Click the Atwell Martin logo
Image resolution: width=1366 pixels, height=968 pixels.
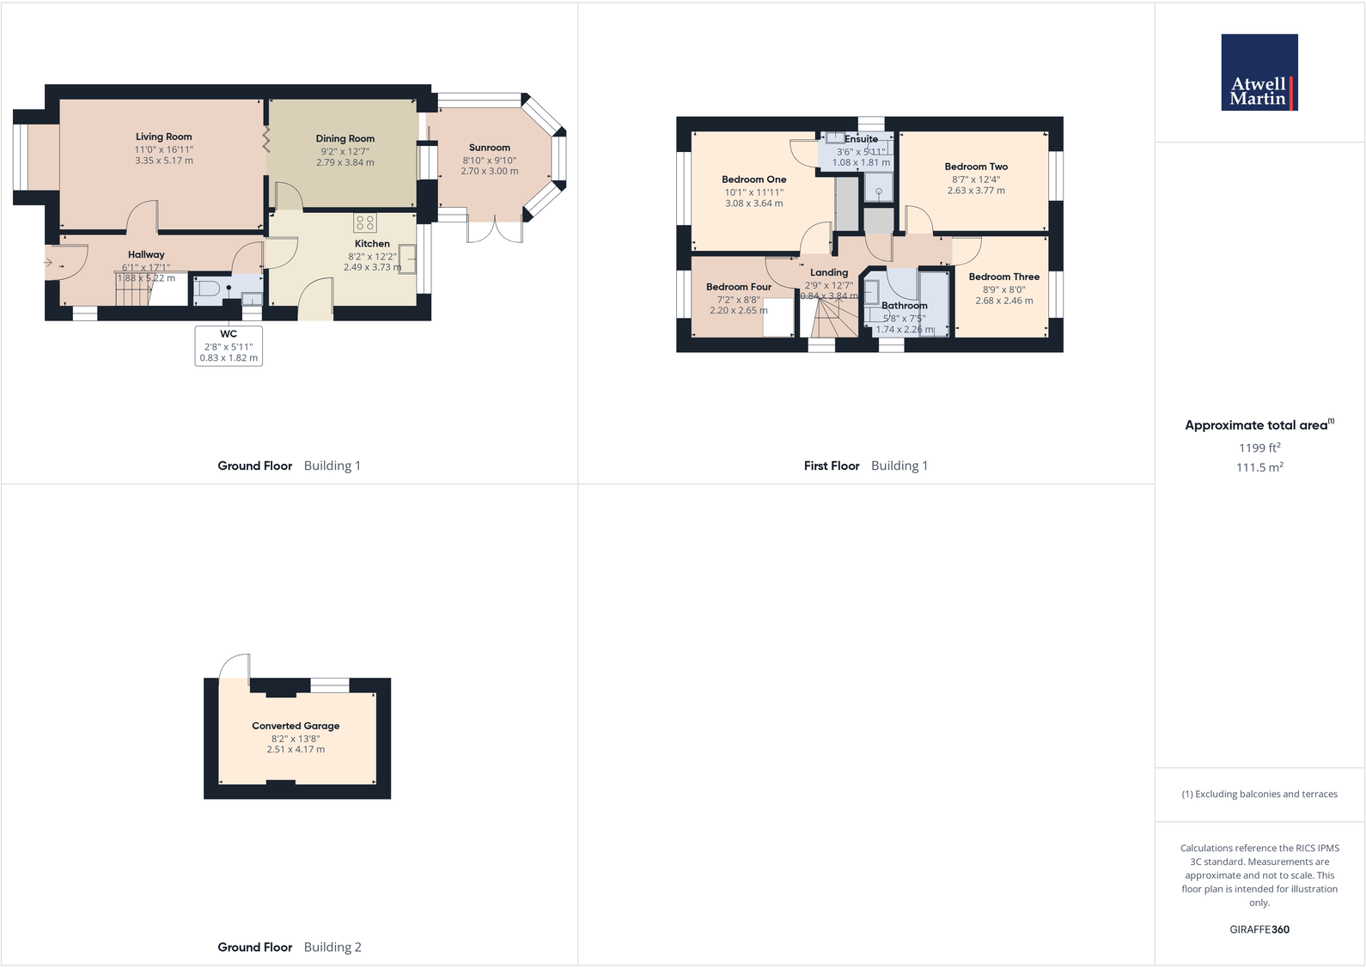tap(1259, 72)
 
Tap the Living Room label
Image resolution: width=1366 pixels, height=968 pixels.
tap(163, 137)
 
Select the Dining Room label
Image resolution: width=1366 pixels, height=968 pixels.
tap(345, 138)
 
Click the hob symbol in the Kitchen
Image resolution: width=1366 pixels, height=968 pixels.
tap(364, 223)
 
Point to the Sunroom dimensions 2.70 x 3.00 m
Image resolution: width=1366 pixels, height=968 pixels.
tap(489, 171)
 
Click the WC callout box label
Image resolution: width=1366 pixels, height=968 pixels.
tap(229, 334)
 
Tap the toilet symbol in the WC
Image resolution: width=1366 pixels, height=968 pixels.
tap(207, 289)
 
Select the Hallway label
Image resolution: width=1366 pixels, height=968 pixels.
tap(146, 254)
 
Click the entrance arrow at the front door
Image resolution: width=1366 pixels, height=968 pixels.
tap(49, 263)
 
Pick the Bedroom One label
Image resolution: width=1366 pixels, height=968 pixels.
tap(753, 180)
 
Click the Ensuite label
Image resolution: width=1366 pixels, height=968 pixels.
tap(861, 139)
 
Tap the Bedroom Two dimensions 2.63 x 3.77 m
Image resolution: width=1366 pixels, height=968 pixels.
tap(976, 191)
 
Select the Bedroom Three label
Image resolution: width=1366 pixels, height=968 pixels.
tap(1003, 277)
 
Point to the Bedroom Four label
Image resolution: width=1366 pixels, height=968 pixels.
tap(738, 287)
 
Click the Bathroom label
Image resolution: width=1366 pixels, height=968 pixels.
tap(904, 306)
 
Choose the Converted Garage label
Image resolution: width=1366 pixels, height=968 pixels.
tap(296, 726)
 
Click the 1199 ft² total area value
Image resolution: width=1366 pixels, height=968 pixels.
tap(1259, 447)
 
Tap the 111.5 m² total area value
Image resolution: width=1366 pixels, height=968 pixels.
tap(1259, 467)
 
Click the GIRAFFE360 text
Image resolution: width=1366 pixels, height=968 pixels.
tap(1259, 929)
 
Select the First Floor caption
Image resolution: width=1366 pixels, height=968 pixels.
tap(831, 466)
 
